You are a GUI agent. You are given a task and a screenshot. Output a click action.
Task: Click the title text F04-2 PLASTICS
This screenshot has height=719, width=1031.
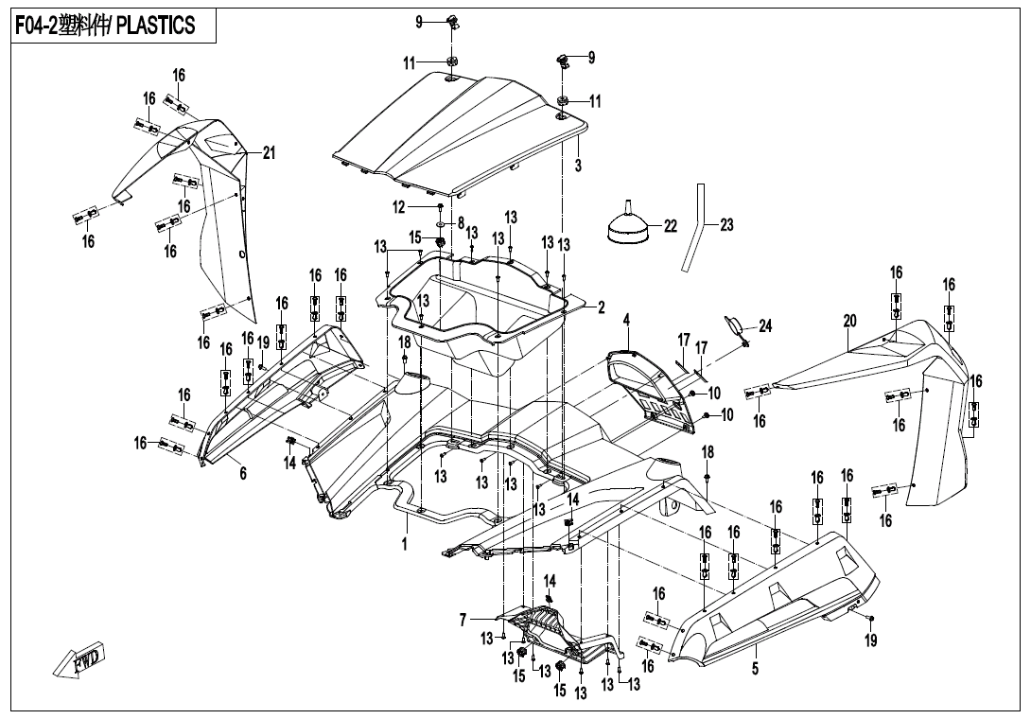point(105,26)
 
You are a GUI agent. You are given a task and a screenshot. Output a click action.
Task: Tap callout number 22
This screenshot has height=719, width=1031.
point(671,226)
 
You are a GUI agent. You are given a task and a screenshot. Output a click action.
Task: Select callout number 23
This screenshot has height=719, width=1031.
point(726,225)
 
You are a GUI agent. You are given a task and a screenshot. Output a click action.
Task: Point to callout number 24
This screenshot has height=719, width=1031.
point(765,326)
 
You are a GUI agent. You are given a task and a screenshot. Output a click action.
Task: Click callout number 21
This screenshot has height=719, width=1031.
point(269,154)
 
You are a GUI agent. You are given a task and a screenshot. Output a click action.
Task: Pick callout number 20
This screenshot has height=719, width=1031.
point(849,322)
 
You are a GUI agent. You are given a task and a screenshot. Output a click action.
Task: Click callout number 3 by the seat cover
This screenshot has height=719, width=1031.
point(578,166)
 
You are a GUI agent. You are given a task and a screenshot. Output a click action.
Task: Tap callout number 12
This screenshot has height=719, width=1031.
point(398,206)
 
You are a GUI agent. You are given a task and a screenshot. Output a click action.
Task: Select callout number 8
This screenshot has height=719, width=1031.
point(461,223)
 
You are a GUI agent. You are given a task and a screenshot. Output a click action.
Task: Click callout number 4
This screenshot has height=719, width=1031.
point(625,321)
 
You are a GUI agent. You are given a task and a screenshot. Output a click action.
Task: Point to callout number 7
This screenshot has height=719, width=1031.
point(463,620)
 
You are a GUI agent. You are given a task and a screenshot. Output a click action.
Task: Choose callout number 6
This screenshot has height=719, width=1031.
point(243,473)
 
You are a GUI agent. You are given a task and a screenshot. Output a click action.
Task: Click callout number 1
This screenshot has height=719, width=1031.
point(404,546)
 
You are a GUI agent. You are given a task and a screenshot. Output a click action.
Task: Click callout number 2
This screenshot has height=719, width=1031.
point(600,307)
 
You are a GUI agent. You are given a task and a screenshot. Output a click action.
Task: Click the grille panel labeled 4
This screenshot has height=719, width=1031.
point(653,388)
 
